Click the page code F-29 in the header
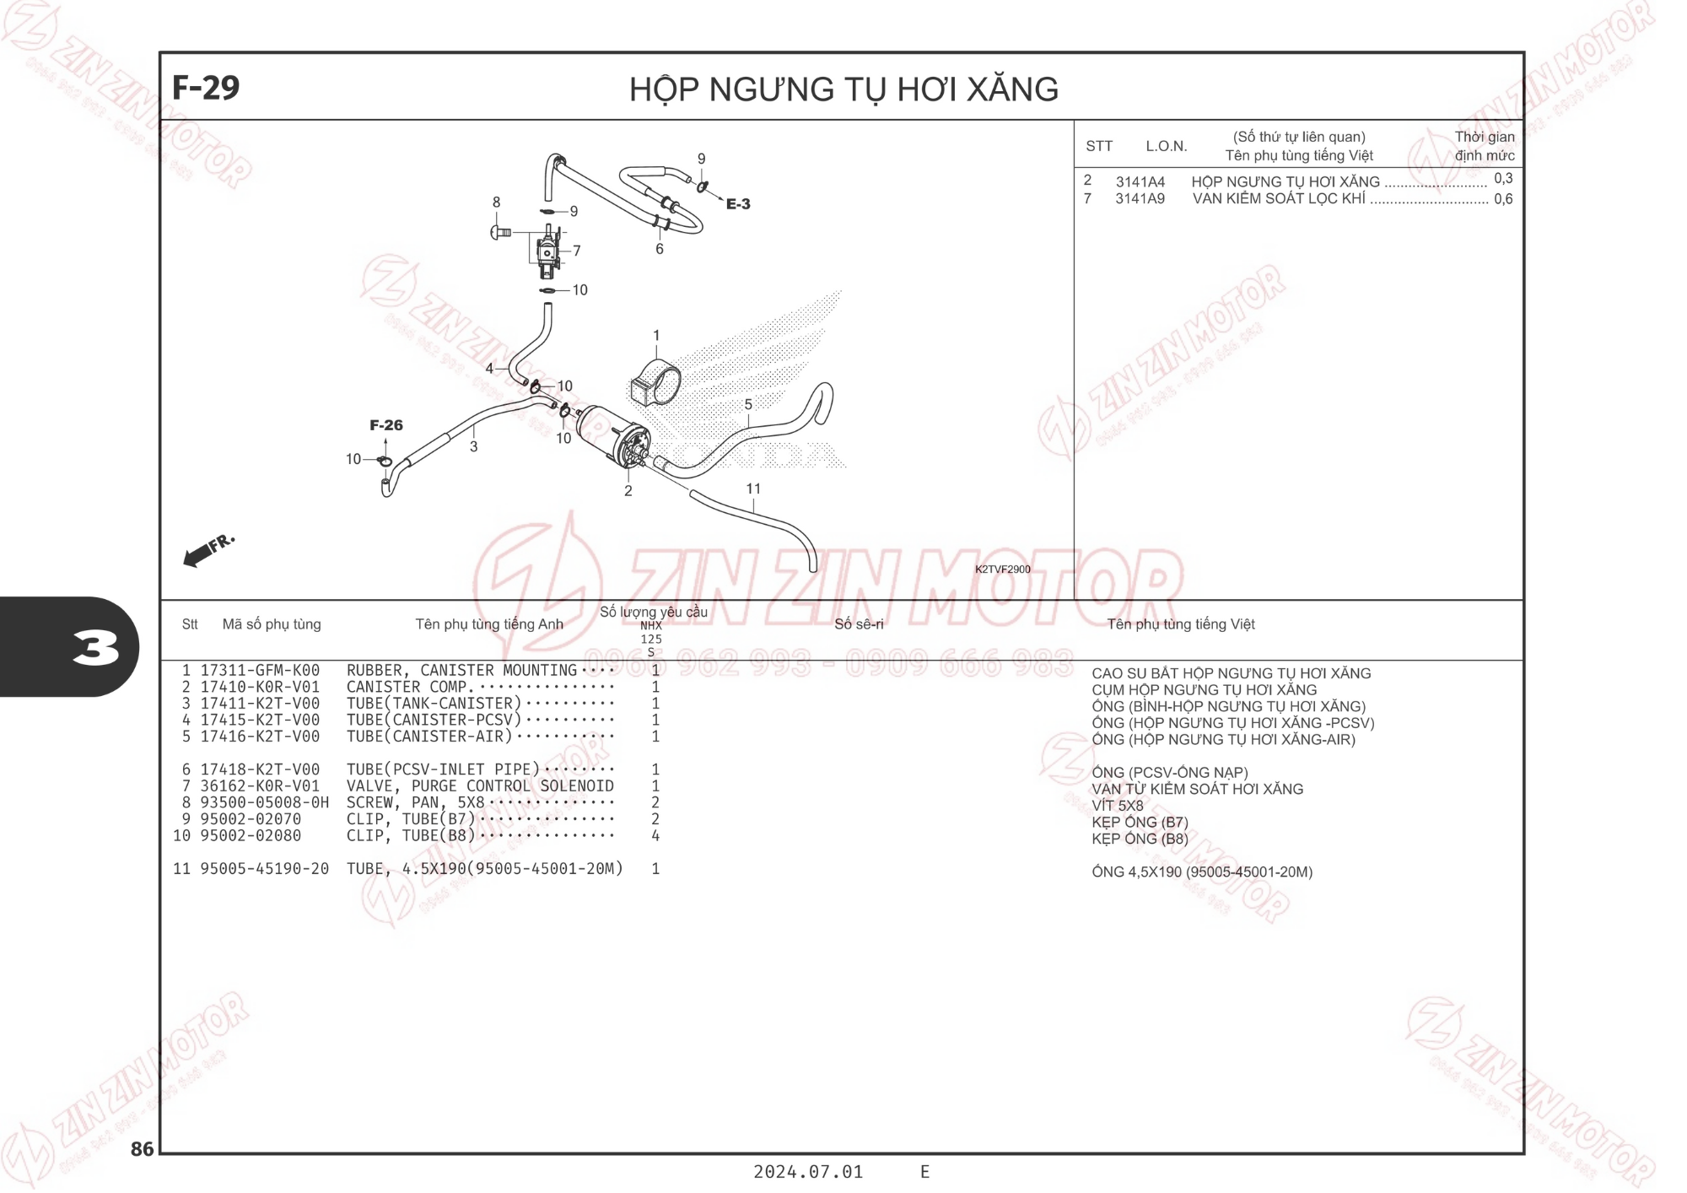(206, 88)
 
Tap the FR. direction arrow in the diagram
(208, 550)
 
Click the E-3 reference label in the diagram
(738, 204)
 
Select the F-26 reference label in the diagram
(386, 425)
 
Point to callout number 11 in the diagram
(753, 489)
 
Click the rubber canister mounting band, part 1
(655, 383)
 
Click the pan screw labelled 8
(501, 231)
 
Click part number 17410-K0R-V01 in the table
(260, 687)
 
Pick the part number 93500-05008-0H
(264, 802)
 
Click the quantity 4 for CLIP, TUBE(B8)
(655, 835)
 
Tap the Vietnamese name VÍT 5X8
(1118, 806)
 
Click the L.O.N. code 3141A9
(1140, 199)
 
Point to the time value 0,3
(1503, 179)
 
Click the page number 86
(143, 1149)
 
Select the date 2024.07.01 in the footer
(808, 1172)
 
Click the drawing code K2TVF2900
(1003, 570)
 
